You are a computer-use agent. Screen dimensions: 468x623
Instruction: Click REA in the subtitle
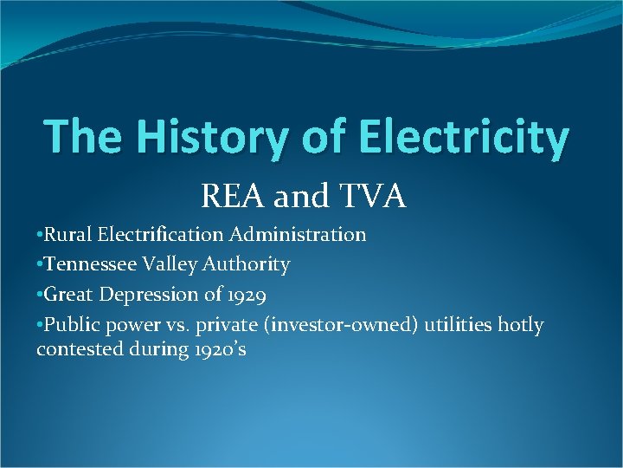[x=234, y=197]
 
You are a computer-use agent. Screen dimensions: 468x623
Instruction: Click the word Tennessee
[x=90, y=264]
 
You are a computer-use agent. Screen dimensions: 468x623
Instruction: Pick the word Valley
[x=170, y=264]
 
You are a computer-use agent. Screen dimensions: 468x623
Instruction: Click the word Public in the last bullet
[x=68, y=325]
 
